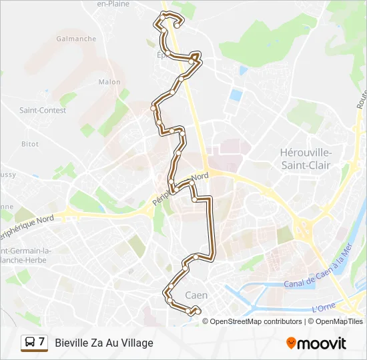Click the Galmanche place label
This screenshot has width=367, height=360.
77,39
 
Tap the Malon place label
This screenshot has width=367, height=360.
109,82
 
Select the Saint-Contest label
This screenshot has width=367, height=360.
43,110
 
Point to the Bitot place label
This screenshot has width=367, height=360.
30,144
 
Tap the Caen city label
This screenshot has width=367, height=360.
196,295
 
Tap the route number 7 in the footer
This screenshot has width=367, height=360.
42,342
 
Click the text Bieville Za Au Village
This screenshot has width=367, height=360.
104,343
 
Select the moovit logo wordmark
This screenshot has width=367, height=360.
322,343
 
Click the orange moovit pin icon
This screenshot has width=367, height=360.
291,343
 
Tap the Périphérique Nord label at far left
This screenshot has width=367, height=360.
27,223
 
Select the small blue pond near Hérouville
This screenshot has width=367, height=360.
236,95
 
